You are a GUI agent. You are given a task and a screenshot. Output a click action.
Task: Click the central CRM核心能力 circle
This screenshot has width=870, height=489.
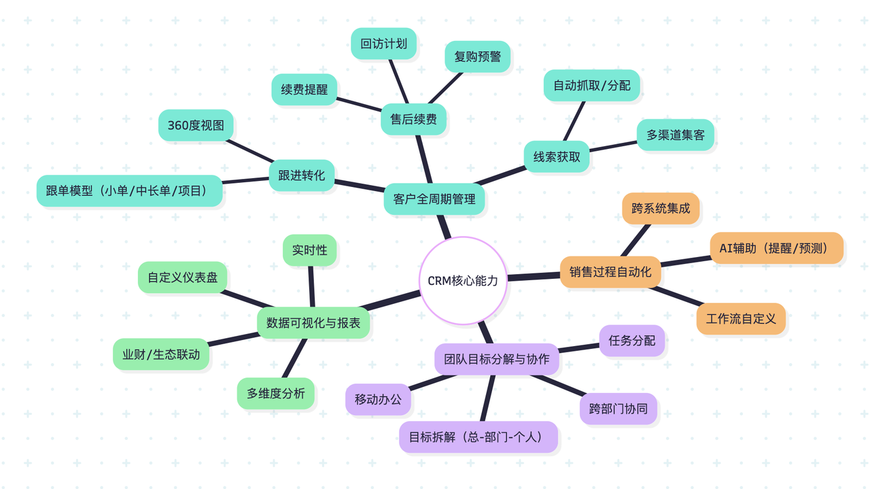pos(463,280)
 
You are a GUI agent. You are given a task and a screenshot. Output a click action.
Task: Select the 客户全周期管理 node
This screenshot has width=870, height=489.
pos(434,199)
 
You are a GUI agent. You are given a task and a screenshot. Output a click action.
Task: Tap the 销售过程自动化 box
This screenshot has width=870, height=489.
pos(610,272)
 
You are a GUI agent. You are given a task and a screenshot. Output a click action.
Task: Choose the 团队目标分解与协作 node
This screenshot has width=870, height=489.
pos(496,358)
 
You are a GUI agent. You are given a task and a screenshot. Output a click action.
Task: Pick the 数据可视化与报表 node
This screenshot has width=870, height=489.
pos(313,322)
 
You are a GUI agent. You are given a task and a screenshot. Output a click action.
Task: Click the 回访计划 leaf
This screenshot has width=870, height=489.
pos(383,44)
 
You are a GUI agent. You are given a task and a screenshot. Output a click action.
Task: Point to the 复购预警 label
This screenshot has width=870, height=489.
pos(477,57)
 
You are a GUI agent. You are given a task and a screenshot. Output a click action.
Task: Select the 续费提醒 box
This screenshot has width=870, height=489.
pos(304,89)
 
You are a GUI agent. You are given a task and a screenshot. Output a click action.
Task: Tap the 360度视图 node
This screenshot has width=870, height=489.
pos(196,125)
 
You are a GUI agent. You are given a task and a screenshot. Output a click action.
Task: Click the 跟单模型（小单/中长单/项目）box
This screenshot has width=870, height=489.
pos(129,191)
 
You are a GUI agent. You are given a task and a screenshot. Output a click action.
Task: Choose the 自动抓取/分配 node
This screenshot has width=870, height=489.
pos(591,85)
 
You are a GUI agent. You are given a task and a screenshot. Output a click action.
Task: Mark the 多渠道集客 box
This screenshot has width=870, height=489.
pos(675,135)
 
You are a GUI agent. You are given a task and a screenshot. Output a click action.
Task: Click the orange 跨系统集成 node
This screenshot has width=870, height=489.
pos(660,208)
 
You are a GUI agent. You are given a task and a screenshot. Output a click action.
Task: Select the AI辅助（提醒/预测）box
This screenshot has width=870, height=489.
pos(776,248)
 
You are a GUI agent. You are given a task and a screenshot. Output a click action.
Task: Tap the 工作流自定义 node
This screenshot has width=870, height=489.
pos(740,318)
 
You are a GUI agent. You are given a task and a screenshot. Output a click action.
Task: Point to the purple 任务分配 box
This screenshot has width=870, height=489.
pos(631,340)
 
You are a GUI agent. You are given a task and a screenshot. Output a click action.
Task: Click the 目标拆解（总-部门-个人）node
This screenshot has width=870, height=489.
pos(478,437)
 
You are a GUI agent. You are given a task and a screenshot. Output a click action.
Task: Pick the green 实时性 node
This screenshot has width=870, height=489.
pos(309,250)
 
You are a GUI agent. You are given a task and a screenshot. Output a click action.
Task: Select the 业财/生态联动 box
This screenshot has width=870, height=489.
pos(160,354)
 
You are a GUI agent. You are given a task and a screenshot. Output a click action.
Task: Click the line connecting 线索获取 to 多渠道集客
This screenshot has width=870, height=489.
pos(613,146)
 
